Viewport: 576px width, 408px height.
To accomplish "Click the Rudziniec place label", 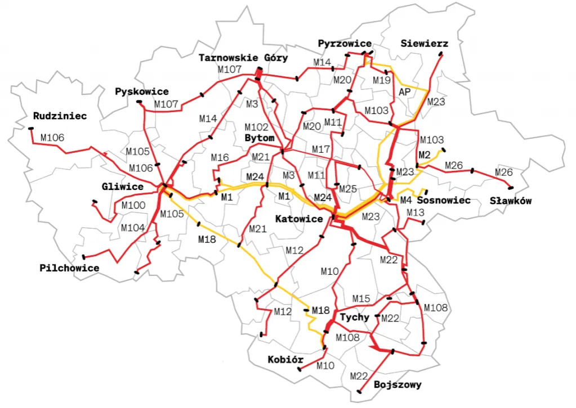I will (60, 116).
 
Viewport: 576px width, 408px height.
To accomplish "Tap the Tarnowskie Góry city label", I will (243, 58).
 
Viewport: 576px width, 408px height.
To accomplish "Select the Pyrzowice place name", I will (345, 43).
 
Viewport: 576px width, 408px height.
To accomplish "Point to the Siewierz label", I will (424, 43).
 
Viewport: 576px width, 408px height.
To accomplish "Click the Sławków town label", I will (511, 201).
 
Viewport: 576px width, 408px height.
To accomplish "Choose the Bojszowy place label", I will (397, 385).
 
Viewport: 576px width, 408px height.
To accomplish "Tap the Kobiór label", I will (286, 360).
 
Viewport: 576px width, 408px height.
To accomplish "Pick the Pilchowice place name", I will (69, 268).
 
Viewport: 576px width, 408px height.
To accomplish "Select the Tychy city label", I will (355, 317).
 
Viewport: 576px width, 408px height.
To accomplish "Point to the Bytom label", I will (260, 138).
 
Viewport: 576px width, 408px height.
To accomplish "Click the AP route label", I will (405, 91).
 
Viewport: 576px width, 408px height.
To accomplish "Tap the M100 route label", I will (133, 206).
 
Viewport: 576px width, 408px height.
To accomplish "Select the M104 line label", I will (132, 228).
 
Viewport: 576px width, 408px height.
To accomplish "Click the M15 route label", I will (361, 298).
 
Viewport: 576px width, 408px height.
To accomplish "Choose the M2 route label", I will (425, 155).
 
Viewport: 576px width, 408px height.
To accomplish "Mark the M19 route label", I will (381, 80).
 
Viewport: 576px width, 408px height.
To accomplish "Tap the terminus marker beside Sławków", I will (511, 188).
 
